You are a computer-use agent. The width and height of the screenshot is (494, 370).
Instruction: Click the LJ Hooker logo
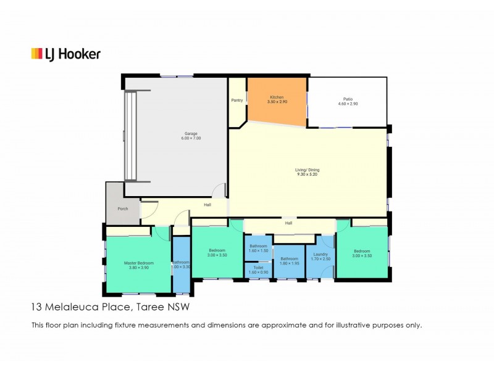tap(65, 54)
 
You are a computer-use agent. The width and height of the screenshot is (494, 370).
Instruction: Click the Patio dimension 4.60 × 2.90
tap(348, 104)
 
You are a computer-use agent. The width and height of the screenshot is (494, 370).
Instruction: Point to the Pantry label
tap(237, 100)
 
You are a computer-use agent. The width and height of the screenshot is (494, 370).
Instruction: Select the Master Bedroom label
tap(138, 263)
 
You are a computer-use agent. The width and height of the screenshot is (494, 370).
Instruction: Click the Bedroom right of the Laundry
tap(362, 253)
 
